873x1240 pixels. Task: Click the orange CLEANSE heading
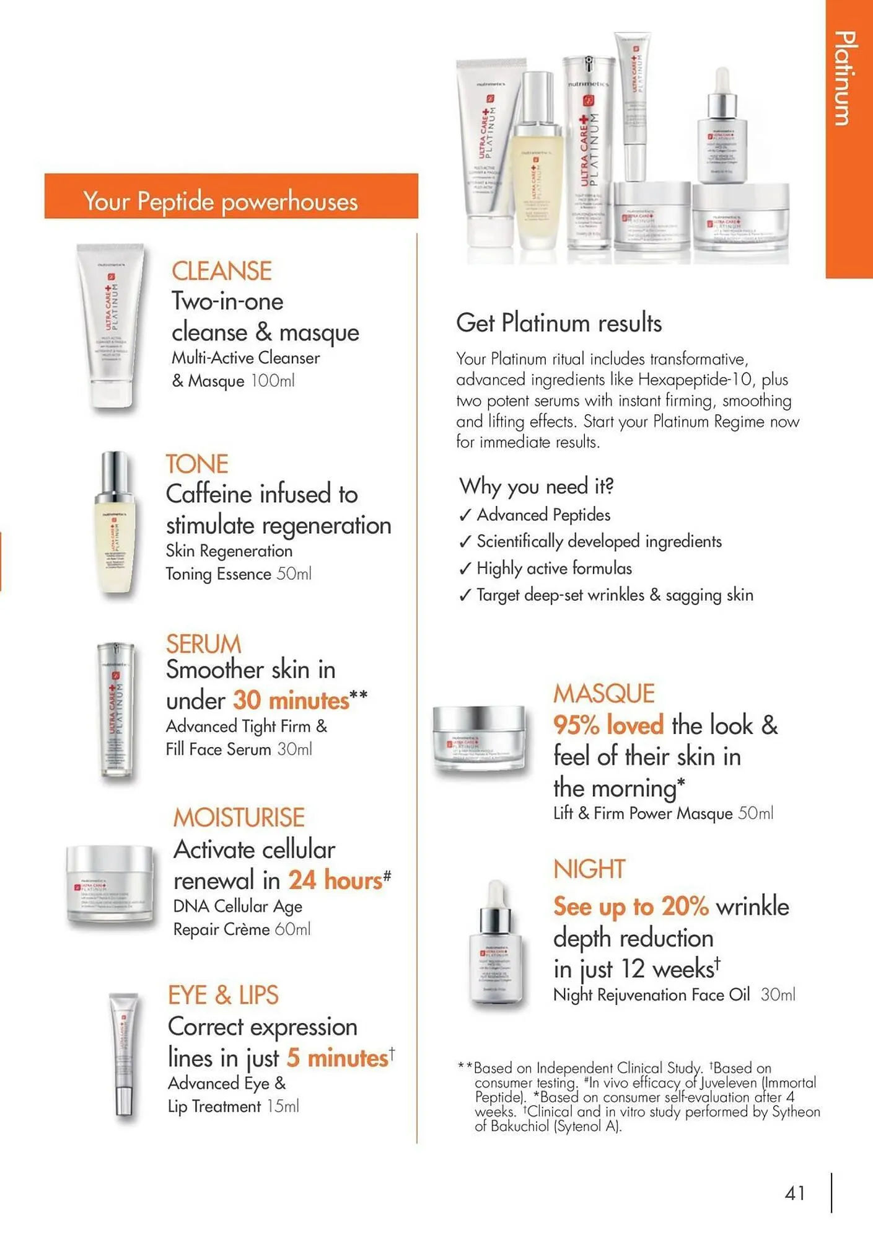click(x=221, y=271)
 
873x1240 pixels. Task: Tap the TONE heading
click(x=197, y=464)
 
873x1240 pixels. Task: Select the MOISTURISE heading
click(x=239, y=818)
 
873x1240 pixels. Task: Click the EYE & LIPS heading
click(x=223, y=995)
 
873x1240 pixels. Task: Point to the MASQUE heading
click(x=603, y=694)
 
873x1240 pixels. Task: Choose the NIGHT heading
click(x=589, y=869)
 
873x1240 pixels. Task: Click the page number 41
click(x=795, y=1193)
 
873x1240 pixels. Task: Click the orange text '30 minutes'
click(x=291, y=701)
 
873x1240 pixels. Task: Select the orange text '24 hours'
click(x=335, y=880)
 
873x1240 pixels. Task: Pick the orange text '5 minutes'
click(x=338, y=1058)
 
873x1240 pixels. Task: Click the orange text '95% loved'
click(x=608, y=725)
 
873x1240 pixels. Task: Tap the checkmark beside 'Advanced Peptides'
click(x=465, y=516)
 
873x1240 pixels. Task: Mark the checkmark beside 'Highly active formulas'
click(x=465, y=569)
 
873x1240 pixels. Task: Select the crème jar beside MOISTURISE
click(x=110, y=886)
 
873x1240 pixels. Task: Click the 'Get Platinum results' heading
click(x=559, y=323)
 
